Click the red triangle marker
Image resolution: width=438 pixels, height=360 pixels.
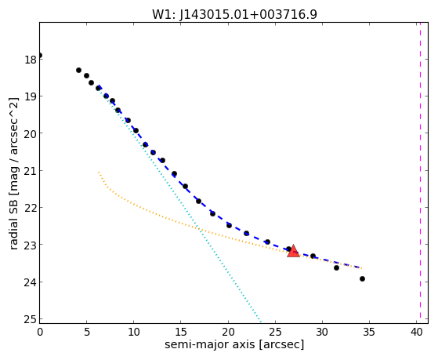[x=293, y=251]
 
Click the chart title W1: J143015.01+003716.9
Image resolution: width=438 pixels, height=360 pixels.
[x=234, y=14]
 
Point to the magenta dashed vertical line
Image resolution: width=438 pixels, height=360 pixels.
[x=420, y=173]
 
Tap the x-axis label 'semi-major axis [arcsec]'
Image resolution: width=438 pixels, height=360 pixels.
[x=234, y=344]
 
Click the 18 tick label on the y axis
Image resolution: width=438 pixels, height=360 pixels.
[x=31, y=60]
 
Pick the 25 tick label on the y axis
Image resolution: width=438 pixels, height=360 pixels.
[x=31, y=319]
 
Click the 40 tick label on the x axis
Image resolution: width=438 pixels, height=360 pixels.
[x=417, y=332]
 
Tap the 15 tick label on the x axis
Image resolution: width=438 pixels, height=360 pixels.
[x=181, y=332]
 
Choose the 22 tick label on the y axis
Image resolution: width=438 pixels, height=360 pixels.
[x=31, y=208]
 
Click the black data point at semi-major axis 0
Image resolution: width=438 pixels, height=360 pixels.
[x=40, y=56]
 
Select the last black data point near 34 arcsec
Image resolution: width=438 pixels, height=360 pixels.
[x=362, y=278]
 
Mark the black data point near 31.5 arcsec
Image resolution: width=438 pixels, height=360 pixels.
[x=336, y=267]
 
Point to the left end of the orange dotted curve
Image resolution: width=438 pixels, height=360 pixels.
[x=99, y=172]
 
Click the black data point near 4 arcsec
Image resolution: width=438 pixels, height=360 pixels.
[x=78, y=70]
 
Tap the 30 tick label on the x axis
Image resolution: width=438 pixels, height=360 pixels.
[x=322, y=332]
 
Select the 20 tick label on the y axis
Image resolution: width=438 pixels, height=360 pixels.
[x=31, y=133]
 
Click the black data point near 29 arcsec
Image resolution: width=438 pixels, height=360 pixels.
[x=313, y=256]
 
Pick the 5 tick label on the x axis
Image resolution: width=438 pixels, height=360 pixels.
[x=87, y=332]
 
